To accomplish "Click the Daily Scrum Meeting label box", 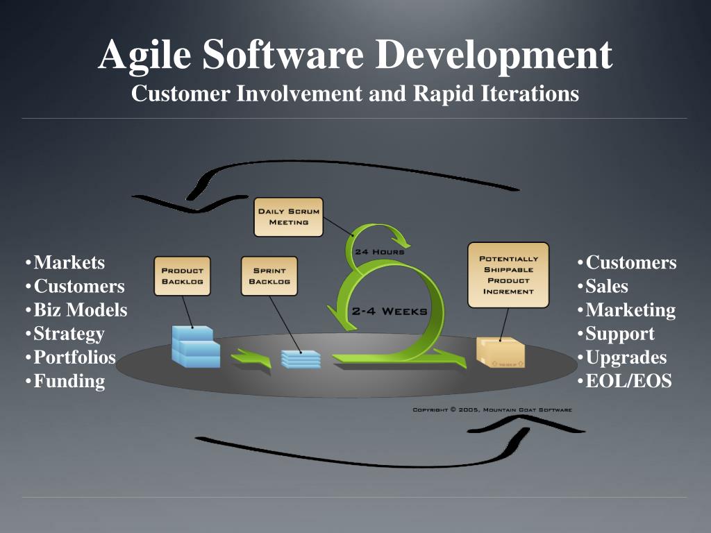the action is tap(288, 217).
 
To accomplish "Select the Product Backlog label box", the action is tap(182, 276).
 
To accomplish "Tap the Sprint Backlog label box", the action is tap(269, 276).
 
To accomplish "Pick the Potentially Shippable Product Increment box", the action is tap(508, 275).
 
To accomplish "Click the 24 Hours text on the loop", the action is tap(379, 251).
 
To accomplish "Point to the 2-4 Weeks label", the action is tap(389, 311).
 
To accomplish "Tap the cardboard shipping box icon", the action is tap(501, 352).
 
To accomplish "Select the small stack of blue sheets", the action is tap(301, 358).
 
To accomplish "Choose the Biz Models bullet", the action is tap(81, 310).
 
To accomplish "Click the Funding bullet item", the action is tap(69, 381).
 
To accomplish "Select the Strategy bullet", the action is tap(69, 334).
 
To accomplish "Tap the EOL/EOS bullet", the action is tap(628, 381).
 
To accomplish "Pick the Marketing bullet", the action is tap(630, 310).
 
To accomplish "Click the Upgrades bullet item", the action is tap(626, 357).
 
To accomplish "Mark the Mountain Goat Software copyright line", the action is tap(492, 410).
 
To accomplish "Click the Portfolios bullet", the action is tap(74, 357).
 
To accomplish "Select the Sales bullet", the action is tap(607, 286).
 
